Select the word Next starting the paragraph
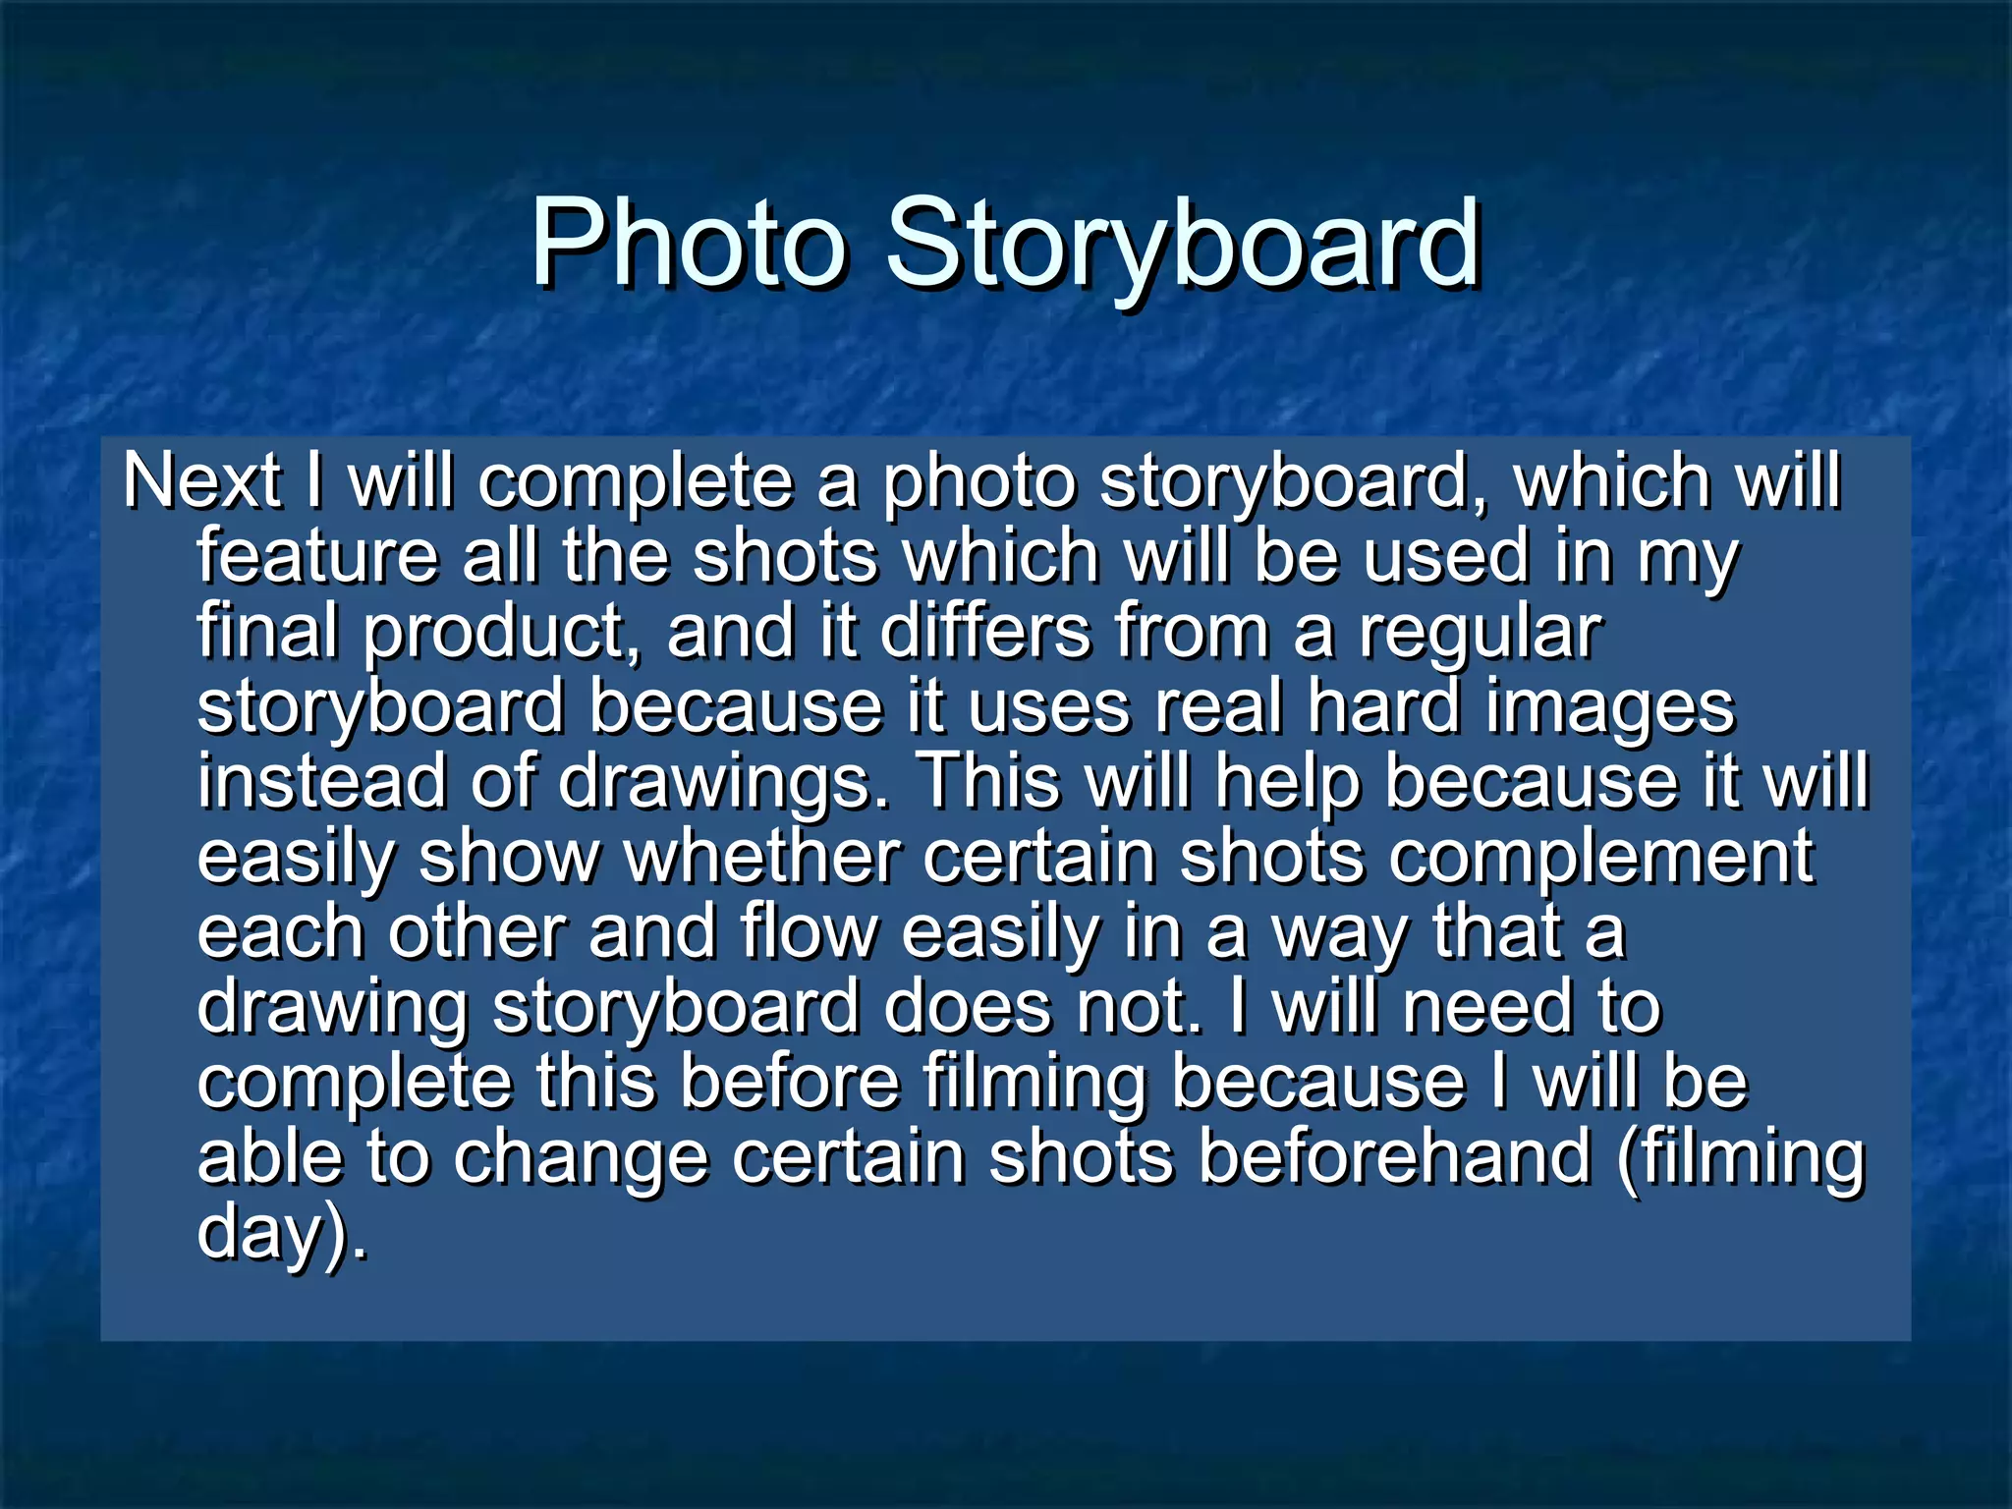(x=202, y=482)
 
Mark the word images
(x=1610, y=706)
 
